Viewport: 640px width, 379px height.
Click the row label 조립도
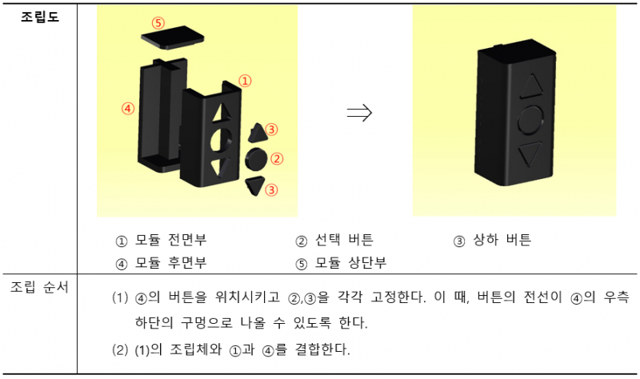[38, 16]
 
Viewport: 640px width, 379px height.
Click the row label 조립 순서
[38, 286]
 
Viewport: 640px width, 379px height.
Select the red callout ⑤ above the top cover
[158, 23]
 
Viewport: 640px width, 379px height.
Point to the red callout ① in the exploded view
[246, 81]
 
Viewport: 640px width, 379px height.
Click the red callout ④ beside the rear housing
[127, 108]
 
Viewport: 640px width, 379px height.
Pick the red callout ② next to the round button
[277, 158]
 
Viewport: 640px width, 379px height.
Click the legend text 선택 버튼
[345, 241]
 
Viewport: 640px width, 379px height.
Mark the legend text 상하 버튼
[503, 241]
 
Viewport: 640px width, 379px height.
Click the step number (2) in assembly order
[121, 349]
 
